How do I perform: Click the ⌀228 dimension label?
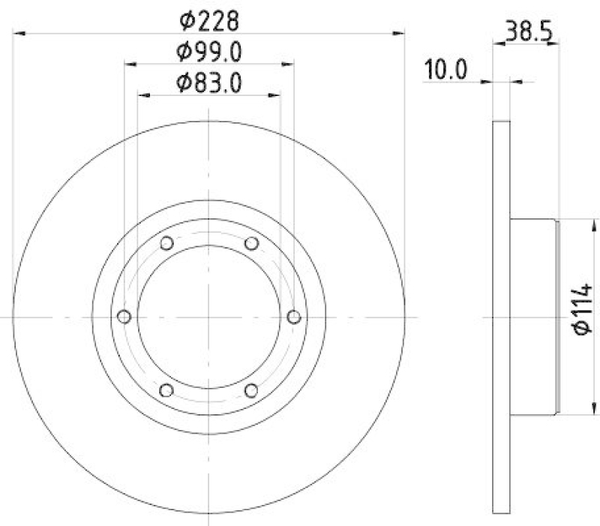(208, 18)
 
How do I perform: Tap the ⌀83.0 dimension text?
(208, 82)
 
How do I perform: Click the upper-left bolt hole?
(166, 242)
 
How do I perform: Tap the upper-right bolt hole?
(251, 242)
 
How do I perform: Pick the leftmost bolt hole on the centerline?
(124, 316)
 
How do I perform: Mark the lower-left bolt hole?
(166, 389)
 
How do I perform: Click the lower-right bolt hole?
(251, 389)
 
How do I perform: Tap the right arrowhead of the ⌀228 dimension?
(400, 33)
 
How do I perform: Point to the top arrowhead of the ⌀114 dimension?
(582, 223)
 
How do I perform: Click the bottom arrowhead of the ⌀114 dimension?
(582, 409)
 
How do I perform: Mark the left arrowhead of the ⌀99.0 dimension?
(129, 65)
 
